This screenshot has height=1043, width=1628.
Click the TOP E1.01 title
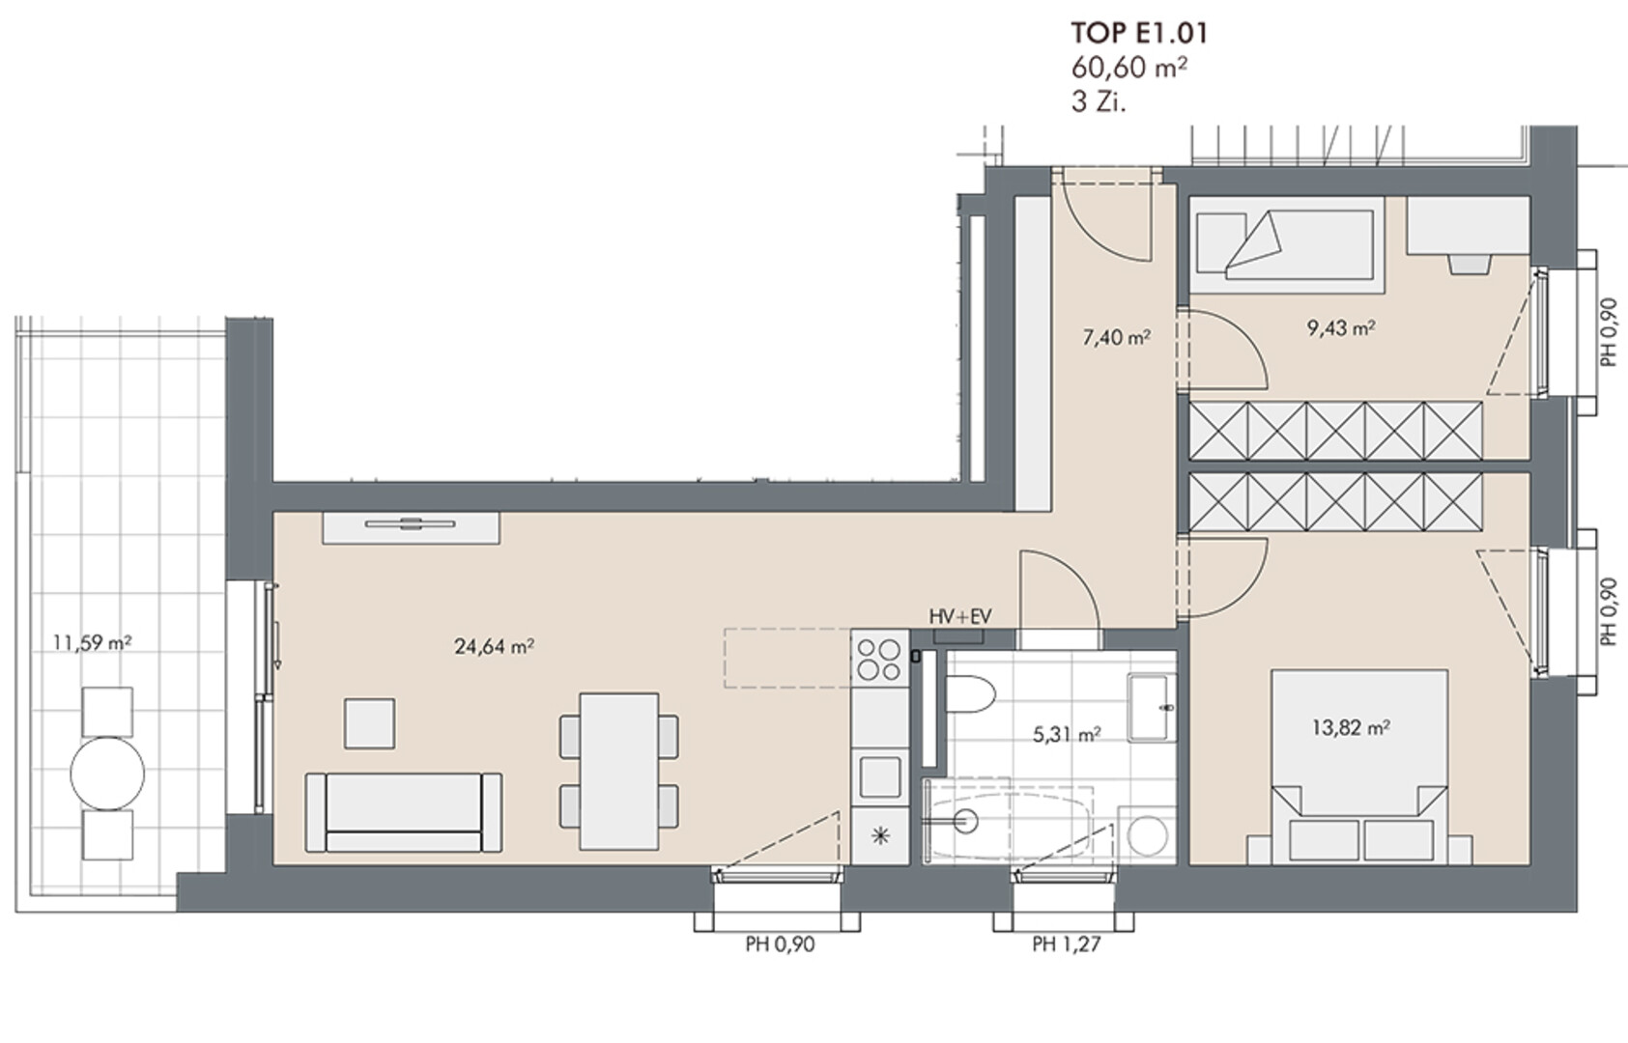(x=1139, y=34)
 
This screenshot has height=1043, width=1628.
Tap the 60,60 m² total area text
(x=1129, y=68)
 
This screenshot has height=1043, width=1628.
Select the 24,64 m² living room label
(x=495, y=646)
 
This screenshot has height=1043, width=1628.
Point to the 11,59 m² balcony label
(x=93, y=643)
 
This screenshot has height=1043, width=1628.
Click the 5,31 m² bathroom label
(x=1067, y=734)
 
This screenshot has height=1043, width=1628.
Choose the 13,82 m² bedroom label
(x=1351, y=727)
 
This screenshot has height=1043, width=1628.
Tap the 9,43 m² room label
(x=1341, y=328)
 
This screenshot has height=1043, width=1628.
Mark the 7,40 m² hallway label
(x=1116, y=338)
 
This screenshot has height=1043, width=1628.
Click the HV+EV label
(x=960, y=617)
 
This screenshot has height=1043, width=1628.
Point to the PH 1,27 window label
(x=1067, y=944)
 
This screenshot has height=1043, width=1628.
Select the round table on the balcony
(x=107, y=774)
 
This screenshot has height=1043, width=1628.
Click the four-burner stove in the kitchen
(x=879, y=659)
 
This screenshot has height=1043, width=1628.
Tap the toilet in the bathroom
(x=970, y=694)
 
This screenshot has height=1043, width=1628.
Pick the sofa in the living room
(x=403, y=812)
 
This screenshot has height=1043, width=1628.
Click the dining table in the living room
(x=619, y=772)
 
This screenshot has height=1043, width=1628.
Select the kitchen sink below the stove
(x=880, y=776)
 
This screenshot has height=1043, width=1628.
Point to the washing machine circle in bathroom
(x=1148, y=835)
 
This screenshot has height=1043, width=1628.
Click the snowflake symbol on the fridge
(x=880, y=836)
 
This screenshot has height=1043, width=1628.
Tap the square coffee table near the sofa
(x=370, y=723)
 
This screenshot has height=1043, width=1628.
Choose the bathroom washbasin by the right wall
(x=1152, y=708)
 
